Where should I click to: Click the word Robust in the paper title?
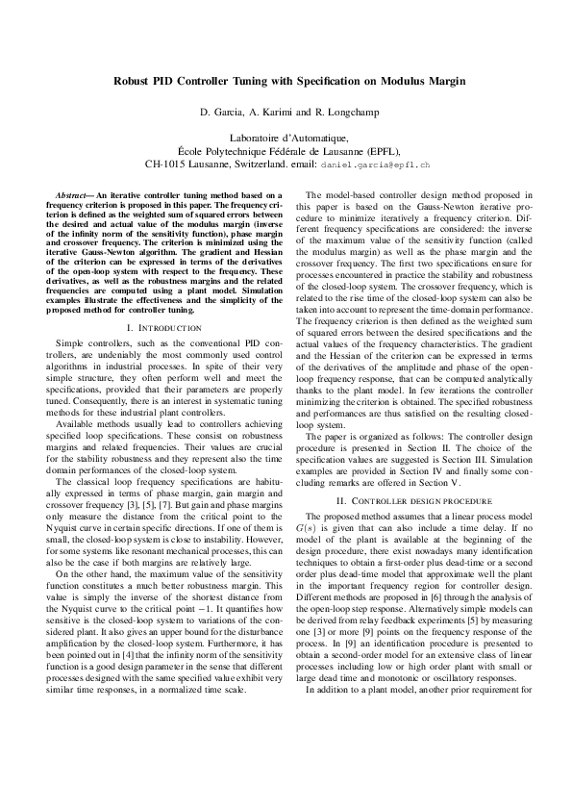tap(128, 83)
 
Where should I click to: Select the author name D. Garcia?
tap(222, 114)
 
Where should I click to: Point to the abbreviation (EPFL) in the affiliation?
tap(381, 152)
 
